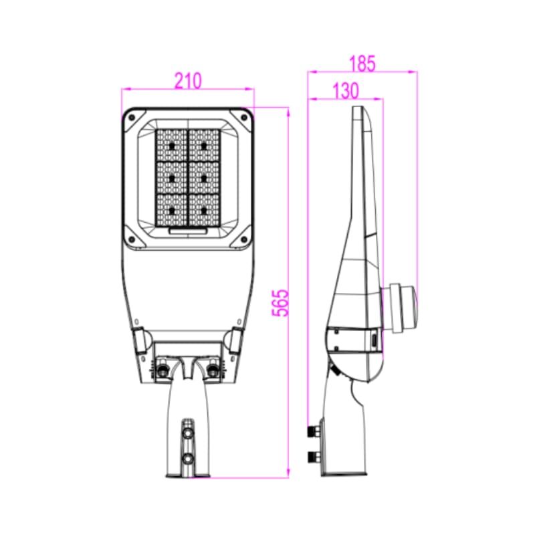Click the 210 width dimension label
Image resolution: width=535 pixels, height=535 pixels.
189,81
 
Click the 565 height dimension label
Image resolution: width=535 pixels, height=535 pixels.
280,304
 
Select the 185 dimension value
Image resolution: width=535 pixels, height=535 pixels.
362,63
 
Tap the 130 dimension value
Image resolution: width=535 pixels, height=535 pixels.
346,90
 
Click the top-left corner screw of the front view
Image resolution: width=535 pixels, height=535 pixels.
132,118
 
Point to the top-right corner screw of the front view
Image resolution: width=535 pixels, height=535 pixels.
244,118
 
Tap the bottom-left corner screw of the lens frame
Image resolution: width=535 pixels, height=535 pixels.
132,239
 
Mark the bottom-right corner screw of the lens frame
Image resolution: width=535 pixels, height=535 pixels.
244,239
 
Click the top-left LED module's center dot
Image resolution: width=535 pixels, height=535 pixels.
172,146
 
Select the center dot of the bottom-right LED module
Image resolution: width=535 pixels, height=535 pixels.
204,211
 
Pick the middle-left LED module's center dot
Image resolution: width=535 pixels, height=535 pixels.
172,178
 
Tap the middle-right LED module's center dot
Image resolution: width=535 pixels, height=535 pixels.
204,178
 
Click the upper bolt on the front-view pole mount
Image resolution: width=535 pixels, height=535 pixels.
187,433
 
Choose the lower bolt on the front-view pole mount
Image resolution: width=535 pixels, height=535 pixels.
187,458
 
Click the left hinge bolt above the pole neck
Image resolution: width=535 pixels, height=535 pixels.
163,369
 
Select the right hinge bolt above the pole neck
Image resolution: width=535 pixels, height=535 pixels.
213,369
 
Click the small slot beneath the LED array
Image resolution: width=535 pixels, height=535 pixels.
188,231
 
